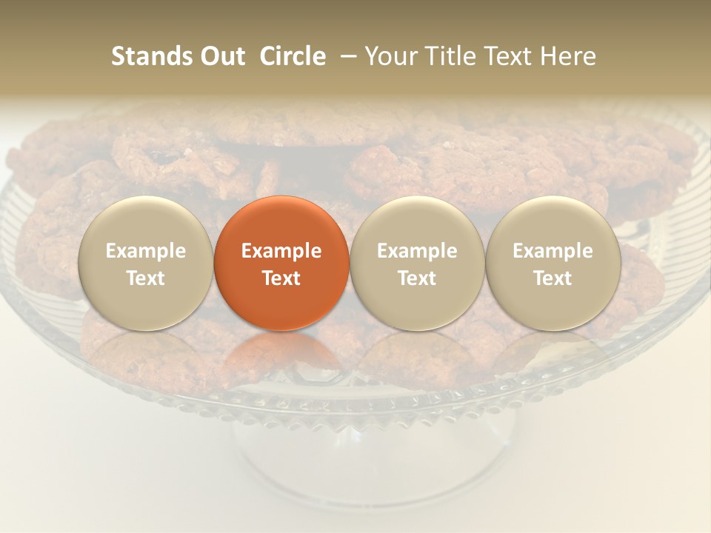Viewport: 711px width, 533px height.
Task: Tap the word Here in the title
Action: click(x=569, y=56)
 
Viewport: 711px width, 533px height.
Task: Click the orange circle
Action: click(x=281, y=263)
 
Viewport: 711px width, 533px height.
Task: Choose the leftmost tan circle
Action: click(x=146, y=263)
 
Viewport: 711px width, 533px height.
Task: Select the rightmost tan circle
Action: click(x=553, y=263)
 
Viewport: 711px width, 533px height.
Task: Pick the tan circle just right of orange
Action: click(x=417, y=263)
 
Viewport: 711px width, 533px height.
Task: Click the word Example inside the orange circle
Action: click(x=281, y=251)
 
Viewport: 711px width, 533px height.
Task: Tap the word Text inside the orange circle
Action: click(x=281, y=278)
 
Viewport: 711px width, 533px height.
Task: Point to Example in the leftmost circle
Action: click(x=146, y=251)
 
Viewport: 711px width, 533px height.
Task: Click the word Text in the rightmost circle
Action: click(x=553, y=278)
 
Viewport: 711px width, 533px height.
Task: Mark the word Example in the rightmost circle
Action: click(x=553, y=251)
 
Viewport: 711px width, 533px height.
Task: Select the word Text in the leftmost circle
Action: click(x=146, y=278)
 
